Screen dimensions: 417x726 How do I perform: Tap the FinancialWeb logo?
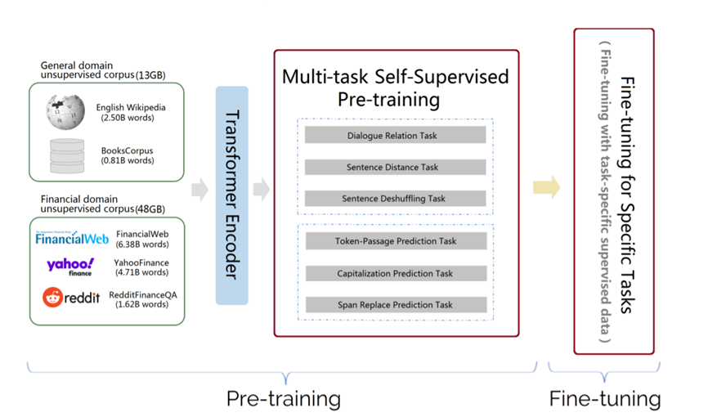pyautogui.click(x=72, y=239)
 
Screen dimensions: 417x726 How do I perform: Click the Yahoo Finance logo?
pyautogui.click(x=70, y=267)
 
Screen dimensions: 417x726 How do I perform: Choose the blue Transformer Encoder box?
pyautogui.click(x=231, y=195)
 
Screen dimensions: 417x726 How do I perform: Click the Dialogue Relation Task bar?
pyautogui.click(x=395, y=135)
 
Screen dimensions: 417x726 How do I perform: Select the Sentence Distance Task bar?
pyautogui.click(x=395, y=167)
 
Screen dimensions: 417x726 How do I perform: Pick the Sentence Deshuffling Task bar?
pyautogui.click(x=395, y=198)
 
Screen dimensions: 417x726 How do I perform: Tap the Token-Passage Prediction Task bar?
pyautogui.click(x=395, y=241)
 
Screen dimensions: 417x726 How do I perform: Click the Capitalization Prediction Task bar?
pyautogui.click(x=395, y=273)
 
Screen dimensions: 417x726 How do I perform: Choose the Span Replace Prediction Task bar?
pyautogui.click(x=395, y=305)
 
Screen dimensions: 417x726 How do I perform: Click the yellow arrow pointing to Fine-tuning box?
pyautogui.click(x=546, y=188)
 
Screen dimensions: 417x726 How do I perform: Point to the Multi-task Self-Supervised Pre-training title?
pyautogui.click(x=395, y=88)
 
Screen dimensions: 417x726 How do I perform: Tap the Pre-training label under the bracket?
pyautogui.click(x=283, y=399)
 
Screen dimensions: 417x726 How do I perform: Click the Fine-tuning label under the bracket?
pyautogui.click(x=605, y=399)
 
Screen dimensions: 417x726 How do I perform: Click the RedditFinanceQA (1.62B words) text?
pyautogui.click(x=145, y=298)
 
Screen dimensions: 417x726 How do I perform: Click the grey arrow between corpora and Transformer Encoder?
pyautogui.click(x=199, y=191)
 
